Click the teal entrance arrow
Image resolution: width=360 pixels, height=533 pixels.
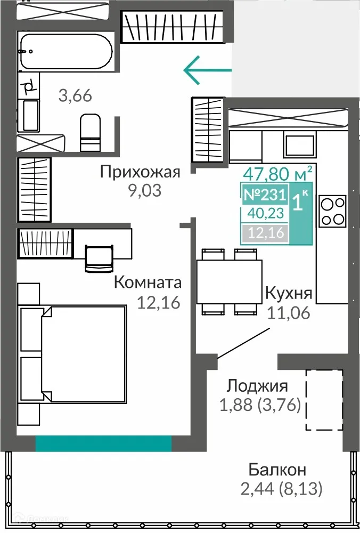tap(207, 70)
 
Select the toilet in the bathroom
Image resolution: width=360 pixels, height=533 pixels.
tap(90, 132)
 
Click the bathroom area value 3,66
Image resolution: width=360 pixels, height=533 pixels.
tap(75, 96)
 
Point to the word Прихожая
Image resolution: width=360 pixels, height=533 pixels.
tap(140, 172)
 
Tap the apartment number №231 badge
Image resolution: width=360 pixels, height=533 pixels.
tap(265, 195)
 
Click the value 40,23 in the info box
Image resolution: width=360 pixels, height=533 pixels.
tap(265, 214)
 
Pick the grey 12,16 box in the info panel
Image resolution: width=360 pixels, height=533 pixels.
tap(265, 233)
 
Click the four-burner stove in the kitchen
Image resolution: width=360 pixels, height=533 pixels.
tap(333, 211)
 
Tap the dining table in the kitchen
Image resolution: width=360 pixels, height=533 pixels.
tap(229, 281)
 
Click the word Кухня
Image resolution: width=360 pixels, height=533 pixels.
tap(289, 294)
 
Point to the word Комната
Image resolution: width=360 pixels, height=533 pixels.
tap(148, 282)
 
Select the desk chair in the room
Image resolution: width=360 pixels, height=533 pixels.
tap(100, 256)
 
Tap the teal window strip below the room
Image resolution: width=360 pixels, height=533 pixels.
tap(103, 443)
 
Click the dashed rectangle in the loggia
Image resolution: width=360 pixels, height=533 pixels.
tap(324, 399)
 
